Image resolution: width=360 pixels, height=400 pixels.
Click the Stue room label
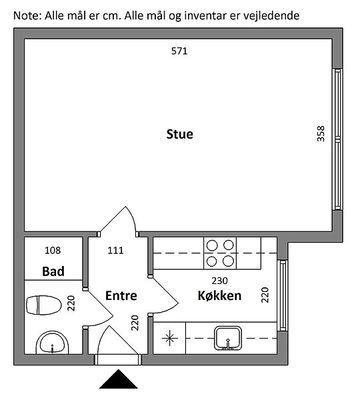tap(180, 134)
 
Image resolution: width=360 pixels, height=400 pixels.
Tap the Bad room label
tap(53, 271)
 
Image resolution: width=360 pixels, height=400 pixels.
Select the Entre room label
tap(121, 296)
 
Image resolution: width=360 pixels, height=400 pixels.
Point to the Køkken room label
tap(219, 295)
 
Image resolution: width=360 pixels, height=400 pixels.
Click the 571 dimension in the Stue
tap(179, 51)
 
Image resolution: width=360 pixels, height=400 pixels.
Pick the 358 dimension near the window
tap(320, 134)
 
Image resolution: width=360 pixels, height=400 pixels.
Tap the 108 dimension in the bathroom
tap(53, 250)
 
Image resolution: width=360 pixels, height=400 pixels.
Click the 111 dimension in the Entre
tap(115, 250)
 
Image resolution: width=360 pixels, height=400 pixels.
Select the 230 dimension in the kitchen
tap(220, 281)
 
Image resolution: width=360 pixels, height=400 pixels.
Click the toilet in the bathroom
tap(44, 305)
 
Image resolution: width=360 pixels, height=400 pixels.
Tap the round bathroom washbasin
tap(52, 343)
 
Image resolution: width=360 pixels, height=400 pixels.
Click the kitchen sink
tap(228, 338)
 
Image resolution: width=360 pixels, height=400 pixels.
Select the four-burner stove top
tap(220, 253)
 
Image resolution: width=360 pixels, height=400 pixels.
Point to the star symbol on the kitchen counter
tap(169, 338)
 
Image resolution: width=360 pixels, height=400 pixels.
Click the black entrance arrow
tap(118, 379)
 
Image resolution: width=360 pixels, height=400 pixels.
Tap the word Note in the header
tap(27, 15)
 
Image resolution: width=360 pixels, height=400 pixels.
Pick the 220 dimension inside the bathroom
tap(72, 303)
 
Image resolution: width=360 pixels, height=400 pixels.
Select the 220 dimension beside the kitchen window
tap(265, 295)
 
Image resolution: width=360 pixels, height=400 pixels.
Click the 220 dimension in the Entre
tap(134, 323)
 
